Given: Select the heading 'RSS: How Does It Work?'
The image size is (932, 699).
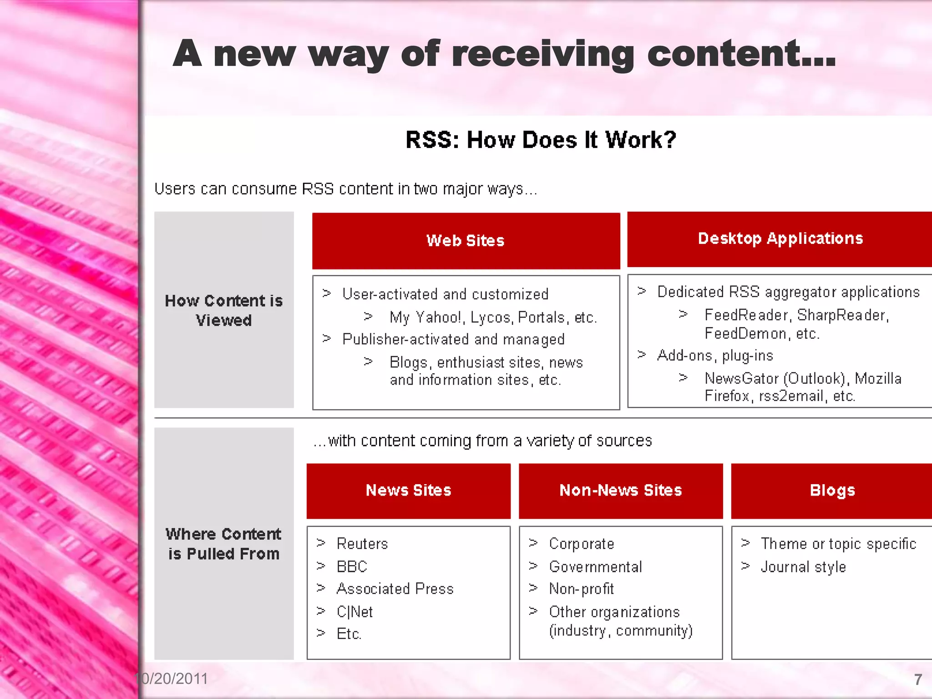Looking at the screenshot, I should (x=541, y=140).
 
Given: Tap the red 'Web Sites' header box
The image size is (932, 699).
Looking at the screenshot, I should (x=466, y=241).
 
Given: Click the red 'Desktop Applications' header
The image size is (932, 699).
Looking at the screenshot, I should (x=780, y=238).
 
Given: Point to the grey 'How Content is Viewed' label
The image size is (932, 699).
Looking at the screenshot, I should (x=224, y=310).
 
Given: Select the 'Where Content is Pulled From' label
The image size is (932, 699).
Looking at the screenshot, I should (x=224, y=543).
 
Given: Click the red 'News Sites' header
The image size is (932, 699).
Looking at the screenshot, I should (x=408, y=491).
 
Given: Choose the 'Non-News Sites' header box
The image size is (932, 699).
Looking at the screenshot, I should (x=621, y=491).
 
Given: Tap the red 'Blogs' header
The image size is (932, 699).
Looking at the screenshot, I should (x=832, y=491).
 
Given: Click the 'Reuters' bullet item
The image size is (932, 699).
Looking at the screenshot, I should (x=362, y=544).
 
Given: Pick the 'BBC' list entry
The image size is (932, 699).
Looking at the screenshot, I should (x=352, y=567).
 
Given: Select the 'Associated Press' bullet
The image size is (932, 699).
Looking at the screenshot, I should (x=395, y=589).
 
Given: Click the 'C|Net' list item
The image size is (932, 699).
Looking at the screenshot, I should (x=355, y=612).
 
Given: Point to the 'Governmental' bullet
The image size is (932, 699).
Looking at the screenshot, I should (x=595, y=567).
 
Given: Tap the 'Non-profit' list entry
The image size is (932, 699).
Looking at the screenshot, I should (x=581, y=589).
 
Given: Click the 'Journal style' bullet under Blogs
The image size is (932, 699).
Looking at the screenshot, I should (x=803, y=567).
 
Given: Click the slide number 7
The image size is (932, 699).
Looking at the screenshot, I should (x=918, y=680).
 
